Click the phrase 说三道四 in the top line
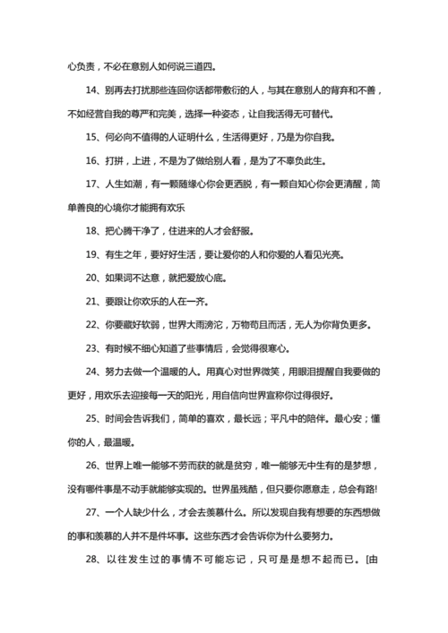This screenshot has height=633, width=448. coord(195,66)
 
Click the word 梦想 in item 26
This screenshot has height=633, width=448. coord(394,466)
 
